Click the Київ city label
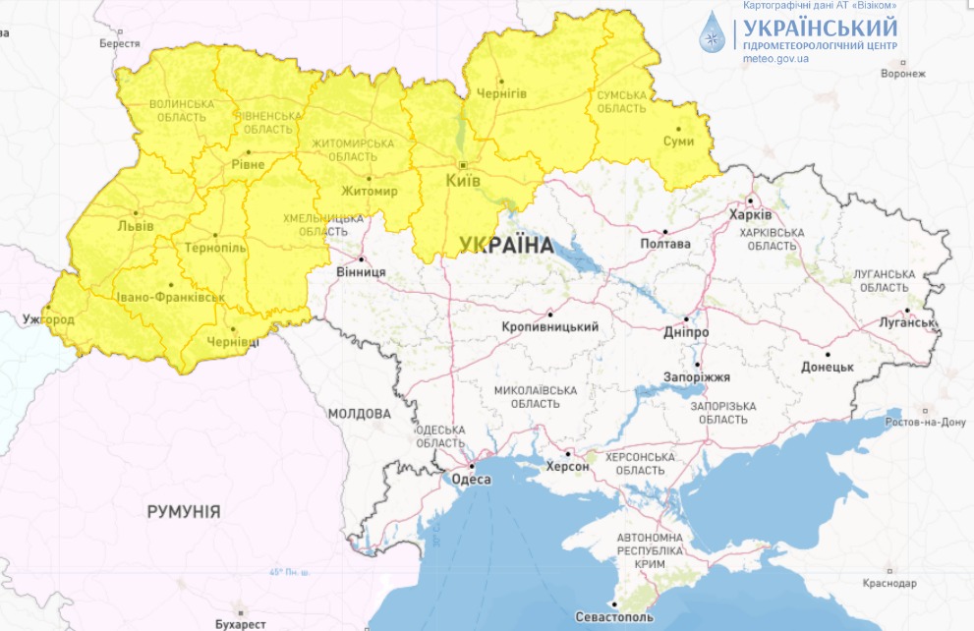coord(462,182)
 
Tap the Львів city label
coord(136,226)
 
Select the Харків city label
coord(751,215)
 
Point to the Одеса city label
coord(471,480)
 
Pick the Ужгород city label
coord(48,320)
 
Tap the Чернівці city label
coord(234,342)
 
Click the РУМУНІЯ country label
coord(184,512)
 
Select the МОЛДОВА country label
coord(360,414)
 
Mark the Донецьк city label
coord(827,367)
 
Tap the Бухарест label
coord(239,623)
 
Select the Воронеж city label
coord(903,74)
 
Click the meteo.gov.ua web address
coord(776,59)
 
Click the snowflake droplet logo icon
coord(710,32)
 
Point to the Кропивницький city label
coord(550,327)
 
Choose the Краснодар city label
coord(889,583)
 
